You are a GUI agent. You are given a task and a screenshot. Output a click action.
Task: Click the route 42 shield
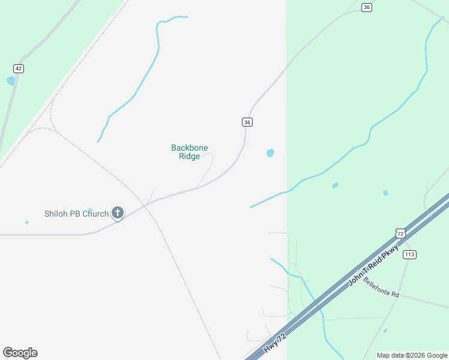click(x=19, y=68)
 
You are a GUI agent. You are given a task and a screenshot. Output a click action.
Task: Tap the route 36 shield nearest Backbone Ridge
click(x=247, y=122)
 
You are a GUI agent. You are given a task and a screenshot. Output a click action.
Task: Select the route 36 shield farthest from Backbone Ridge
click(x=367, y=7)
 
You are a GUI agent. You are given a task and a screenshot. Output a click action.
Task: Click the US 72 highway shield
click(x=400, y=233)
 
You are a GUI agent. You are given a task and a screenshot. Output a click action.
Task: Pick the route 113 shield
click(x=409, y=254)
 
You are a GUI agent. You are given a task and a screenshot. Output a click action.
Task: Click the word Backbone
click(x=189, y=148)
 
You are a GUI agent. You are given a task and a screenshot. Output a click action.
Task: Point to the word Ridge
click(x=189, y=157)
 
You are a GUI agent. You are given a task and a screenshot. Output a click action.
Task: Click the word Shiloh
click(x=57, y=214)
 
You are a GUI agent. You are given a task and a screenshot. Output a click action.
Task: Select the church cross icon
click(x=118, y=212)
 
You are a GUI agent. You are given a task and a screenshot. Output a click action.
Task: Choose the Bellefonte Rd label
click(x=381, y=288)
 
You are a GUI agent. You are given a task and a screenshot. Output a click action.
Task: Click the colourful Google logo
click(x=20, y=353)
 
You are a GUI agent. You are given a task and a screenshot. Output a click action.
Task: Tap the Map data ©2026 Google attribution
click(x=411, y=355)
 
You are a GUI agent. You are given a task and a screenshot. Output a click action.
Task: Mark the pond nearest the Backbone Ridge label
click(x=270, y=153)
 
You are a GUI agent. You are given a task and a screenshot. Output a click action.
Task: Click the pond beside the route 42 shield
click(x=10, y=80)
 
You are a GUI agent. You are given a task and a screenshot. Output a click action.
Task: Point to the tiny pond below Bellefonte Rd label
click(x=385, y=331)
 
